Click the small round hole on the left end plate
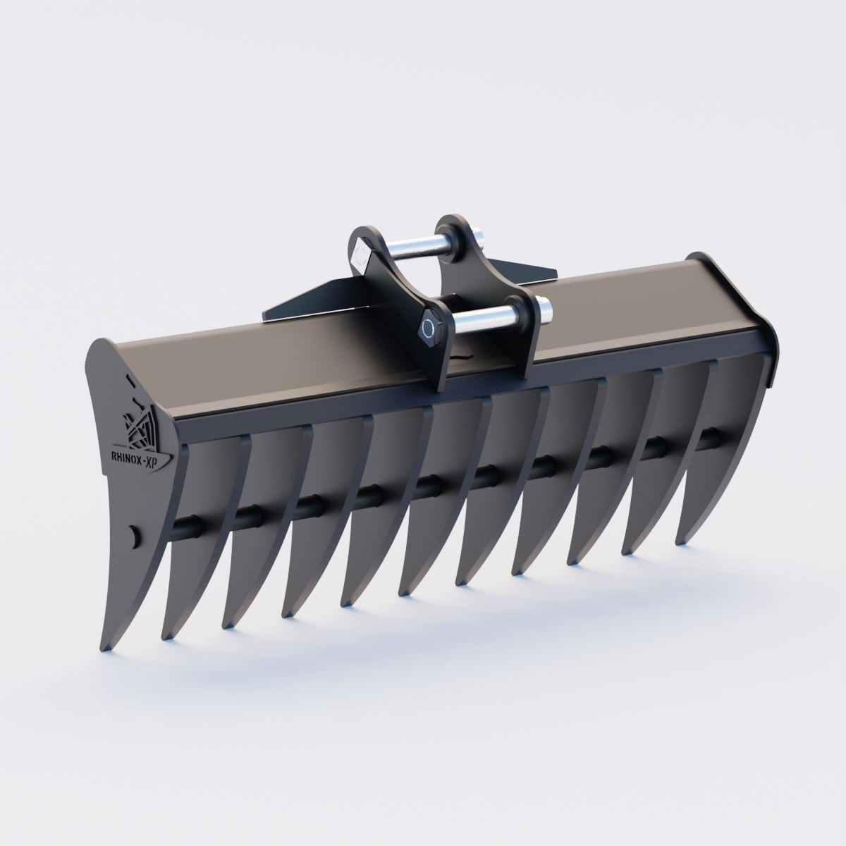135,536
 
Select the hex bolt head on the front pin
428,328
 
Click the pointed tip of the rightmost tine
680,541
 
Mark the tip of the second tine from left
166,637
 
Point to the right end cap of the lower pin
544,309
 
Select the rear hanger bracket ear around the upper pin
458,240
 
